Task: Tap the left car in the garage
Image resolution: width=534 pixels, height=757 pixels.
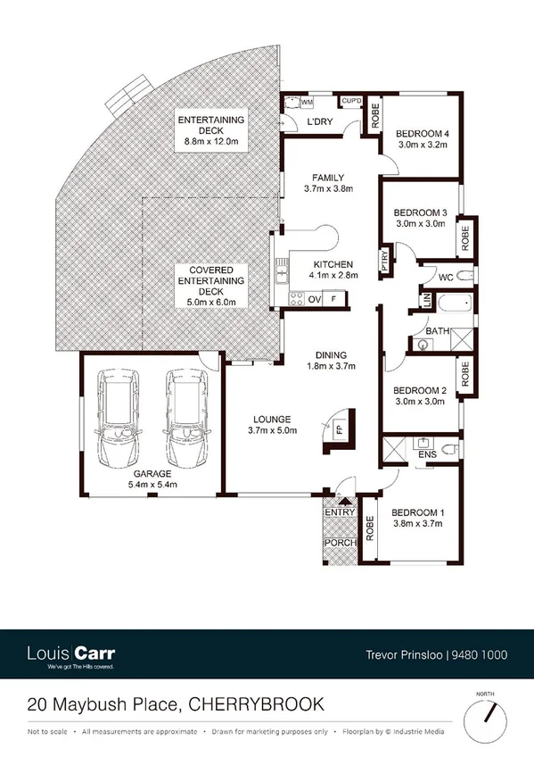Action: pyautogui.click(x=116, y=416)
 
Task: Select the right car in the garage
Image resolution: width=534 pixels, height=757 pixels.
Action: pyautogui.click(x=184, y=416)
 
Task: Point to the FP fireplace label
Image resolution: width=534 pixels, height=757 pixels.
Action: pyautogui.click(x=340, y=428)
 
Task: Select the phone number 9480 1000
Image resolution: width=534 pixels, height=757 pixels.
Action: pyautogui.click(x=482, y=655)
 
